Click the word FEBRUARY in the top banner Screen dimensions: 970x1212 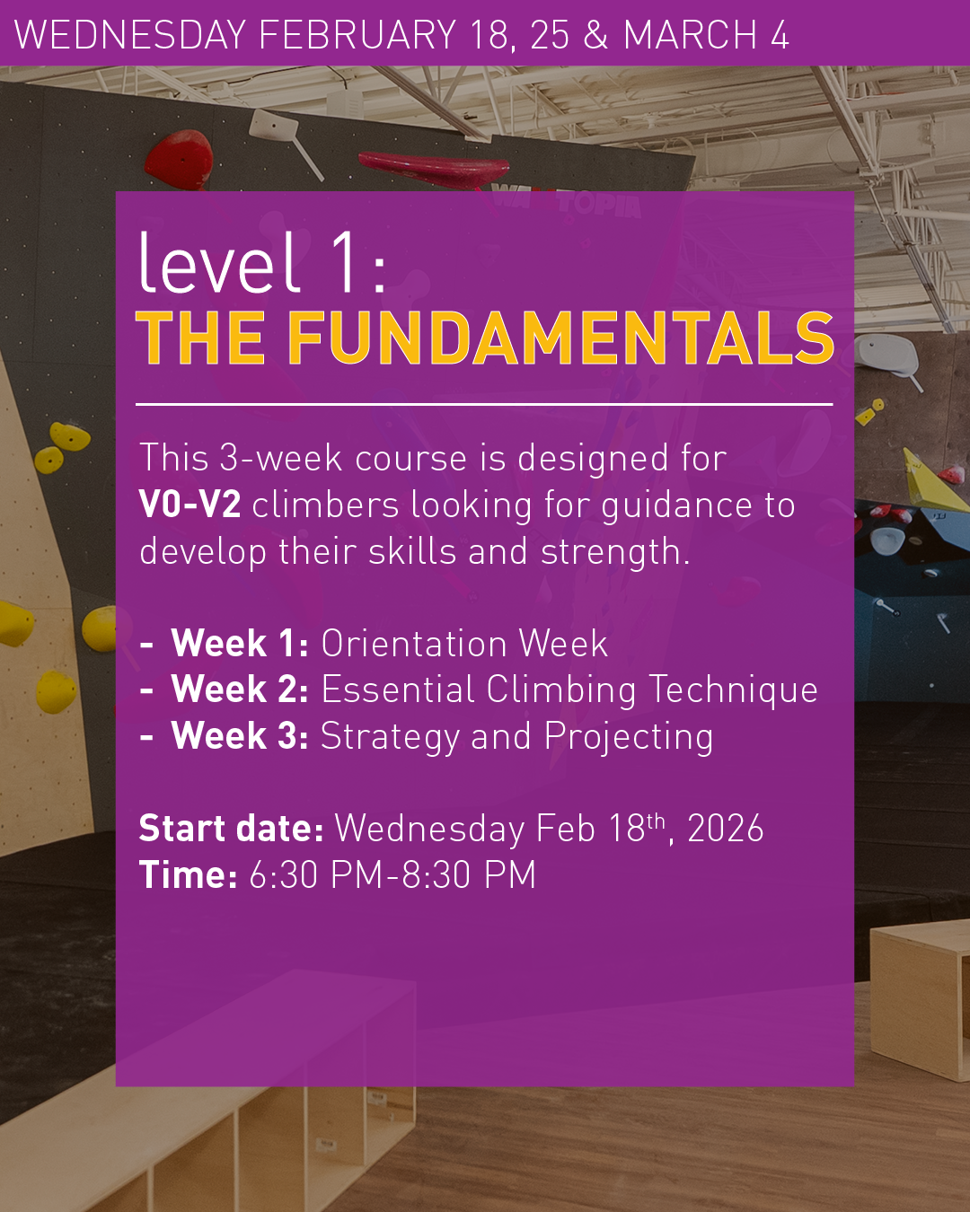[x=357, y=35]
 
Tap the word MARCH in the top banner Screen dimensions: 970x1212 [x=690, y=35]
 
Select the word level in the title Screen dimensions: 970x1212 [x=219, y=262]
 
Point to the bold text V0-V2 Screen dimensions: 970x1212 [x=190, y=504]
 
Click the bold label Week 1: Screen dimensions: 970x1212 [x=240, y=643]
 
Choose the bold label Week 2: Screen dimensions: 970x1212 [x=240, y=689]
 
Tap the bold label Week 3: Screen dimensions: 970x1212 [x=240, y=735]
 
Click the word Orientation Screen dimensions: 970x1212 [x=414, y=643]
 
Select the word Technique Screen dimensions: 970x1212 [x=733, y=690]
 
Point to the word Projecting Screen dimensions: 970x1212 [x=629, y=738]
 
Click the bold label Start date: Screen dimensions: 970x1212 [x=231, y=828]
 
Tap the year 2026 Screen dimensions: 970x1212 [x=726, y=829]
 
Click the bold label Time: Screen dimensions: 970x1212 [x=189, y=874]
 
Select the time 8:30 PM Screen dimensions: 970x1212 [x=470, y=874]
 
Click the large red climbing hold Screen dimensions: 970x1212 [x=180, y=160]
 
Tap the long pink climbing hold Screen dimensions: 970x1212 [x=434, y=168]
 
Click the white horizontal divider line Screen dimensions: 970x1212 [x=484, y=404]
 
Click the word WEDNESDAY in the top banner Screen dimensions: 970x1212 [x=130, y=35]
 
